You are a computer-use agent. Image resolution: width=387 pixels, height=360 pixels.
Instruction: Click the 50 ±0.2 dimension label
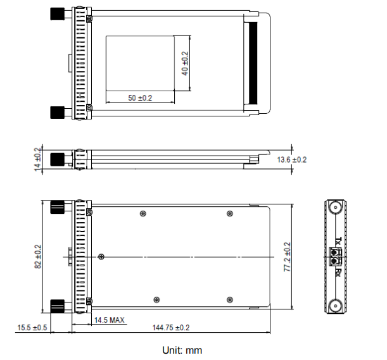coord(140,98)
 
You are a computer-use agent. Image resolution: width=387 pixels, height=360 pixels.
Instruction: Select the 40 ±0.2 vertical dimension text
coord(185,63)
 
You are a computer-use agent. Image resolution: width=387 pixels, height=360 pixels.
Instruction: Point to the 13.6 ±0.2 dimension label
coord(293,159)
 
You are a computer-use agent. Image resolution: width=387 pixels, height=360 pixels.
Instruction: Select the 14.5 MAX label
coord(109,320)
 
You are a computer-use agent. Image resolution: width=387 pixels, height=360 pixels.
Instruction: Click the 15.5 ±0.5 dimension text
coord(33,328)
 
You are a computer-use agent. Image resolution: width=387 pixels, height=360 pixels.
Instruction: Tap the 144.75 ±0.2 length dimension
coord(172,328)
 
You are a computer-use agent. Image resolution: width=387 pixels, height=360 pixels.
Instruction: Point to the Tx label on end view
coord(338,242)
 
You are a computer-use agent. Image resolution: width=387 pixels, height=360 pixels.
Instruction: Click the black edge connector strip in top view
coord(255,63)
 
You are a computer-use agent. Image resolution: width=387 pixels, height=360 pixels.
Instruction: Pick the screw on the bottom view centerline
coord(102,256)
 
